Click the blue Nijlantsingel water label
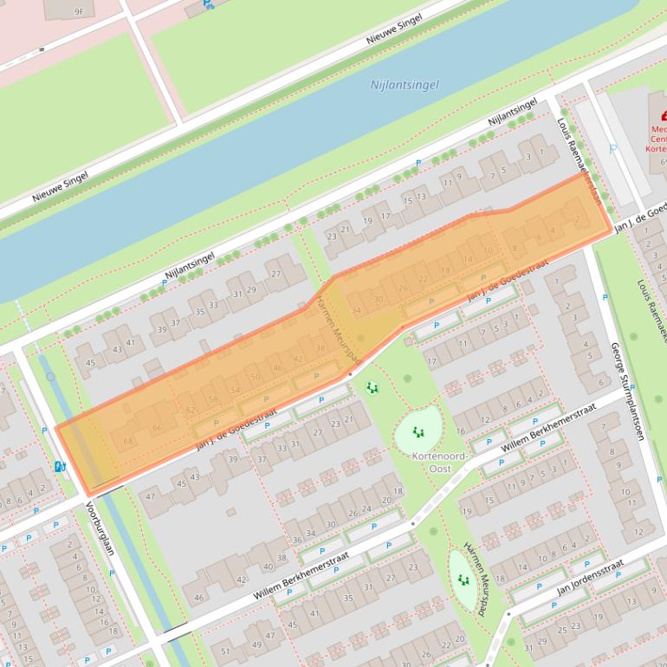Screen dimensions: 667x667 pos(405,85)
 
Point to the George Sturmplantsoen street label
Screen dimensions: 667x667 pos(628,390)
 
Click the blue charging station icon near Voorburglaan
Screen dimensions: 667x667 pos(60,466)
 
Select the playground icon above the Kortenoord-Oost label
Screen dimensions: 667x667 pos(418,431)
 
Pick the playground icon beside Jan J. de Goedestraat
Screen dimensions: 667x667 pos(372,388)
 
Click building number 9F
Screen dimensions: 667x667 pos(79,11)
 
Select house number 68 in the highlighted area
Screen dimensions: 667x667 pos(128,441)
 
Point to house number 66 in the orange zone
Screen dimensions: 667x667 pos(157,428)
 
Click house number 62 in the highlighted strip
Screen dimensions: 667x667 pos(191,410)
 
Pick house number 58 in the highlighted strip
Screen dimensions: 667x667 pos(213,399)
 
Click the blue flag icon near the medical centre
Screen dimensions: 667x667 pos(613,148)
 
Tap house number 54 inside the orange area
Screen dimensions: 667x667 pos(235,390)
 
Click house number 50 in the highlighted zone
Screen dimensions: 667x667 pos(256,378)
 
